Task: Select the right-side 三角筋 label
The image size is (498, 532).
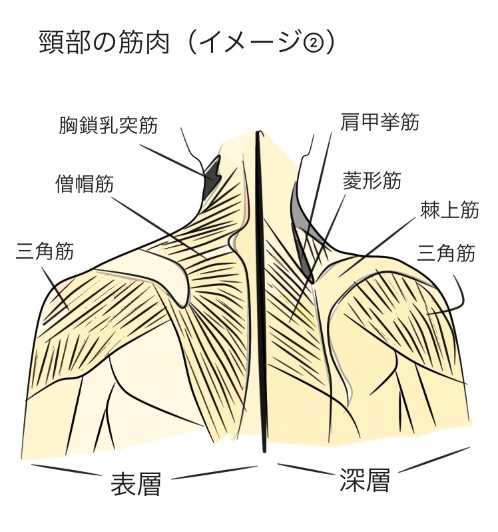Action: pyautogui.click(x=445, y=253)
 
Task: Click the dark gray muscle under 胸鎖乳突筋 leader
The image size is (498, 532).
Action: pyautogui.click(x=212, y=171)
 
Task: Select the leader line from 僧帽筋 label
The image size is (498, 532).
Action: pyautogui.click(x=153, y=223)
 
